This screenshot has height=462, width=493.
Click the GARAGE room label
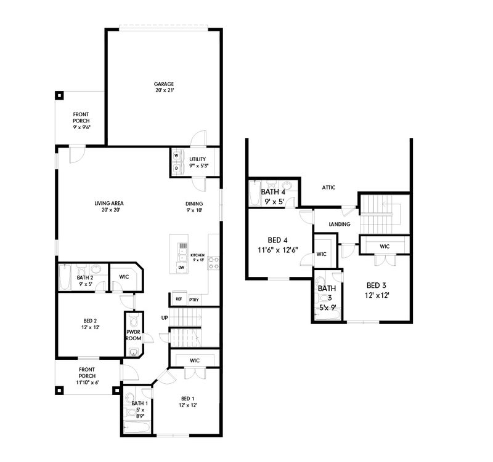click(x=164, y=84)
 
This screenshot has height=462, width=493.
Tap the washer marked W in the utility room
click(x=176, y=156)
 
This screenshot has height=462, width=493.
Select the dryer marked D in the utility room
click(x=176, y=168)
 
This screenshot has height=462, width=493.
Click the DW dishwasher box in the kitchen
click(x=181, y=268)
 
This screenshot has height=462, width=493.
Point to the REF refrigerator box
click(x=179, y=299)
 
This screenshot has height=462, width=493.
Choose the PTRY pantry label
click(x=194, y=300)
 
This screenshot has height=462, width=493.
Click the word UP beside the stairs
click(x=165, y=318)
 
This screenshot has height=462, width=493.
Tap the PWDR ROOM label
click(x=134, y=335)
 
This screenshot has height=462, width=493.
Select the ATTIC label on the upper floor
click(x=328, y=188)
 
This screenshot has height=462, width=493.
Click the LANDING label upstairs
click(x=340, y=224)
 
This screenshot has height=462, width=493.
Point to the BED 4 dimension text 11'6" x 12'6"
click(x=278, y=250)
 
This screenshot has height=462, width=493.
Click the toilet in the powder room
click(x=134, y=321)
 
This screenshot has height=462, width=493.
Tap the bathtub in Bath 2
click(x=65, y=277)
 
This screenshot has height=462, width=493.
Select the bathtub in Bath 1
click(x=136, y=427)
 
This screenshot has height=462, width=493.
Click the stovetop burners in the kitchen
click(x=213, y=263)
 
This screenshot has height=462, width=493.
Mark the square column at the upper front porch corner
click(x=59, y=95)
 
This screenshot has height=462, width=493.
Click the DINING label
click(x=194, y=204)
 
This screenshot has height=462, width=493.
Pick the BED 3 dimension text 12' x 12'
click(x=377, y=295)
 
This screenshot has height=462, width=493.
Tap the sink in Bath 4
click(x=287, y=185)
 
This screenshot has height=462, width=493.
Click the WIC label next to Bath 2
click(x=124, y=277)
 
